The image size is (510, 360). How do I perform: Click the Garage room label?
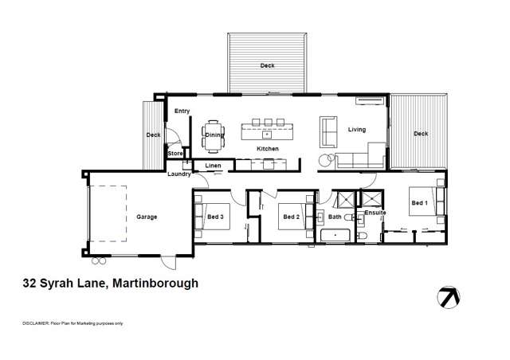pos(146,217)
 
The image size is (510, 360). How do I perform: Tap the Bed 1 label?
pos(419,203)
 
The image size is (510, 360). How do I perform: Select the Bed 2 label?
pos(292,217)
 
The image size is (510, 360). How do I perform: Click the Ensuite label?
pos(375,213)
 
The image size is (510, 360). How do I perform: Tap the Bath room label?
pos(335,217)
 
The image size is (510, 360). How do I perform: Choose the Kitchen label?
pos(267,149)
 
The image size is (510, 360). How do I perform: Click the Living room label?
pos(356,129)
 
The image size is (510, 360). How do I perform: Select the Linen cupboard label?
pos(213,166)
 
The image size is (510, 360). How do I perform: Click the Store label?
pos(175,152)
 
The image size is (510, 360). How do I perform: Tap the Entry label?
pos(182,111)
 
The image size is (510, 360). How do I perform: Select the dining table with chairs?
pos(213,134)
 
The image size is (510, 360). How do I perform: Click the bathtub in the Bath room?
pos(335,234)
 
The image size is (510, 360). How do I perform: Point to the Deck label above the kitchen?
pos(267,65)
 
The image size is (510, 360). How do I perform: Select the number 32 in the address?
pos(30,282)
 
